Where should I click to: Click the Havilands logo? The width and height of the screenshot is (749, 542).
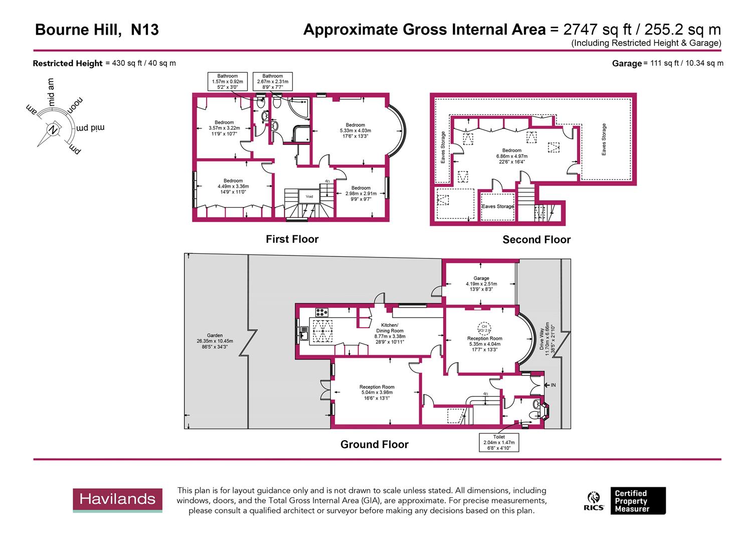tap(117, 500)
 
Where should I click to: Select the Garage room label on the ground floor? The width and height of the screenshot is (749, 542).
tap(481, 284)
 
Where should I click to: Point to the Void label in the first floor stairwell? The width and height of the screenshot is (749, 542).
tap(309, 196)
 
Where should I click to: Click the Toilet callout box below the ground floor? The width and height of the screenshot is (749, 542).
tap(499, 443)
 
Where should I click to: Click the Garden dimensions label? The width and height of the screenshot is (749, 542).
tap(215, 341)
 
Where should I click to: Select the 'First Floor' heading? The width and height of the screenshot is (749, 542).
tap(292, 239)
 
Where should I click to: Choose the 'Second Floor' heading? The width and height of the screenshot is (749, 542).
tap(536, 240)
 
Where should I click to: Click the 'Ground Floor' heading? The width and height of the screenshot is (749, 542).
tap(374, 445)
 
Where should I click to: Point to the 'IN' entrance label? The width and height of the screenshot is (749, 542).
tap(553, 385)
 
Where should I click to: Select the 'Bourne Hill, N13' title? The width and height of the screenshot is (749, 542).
tap(97, 30)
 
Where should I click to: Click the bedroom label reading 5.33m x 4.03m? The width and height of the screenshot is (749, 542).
tap(355, 130)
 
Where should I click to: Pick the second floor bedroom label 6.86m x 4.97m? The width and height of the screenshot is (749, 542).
tap(511, 156)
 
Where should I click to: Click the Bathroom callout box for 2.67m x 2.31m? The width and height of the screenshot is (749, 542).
tap(272, 81)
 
